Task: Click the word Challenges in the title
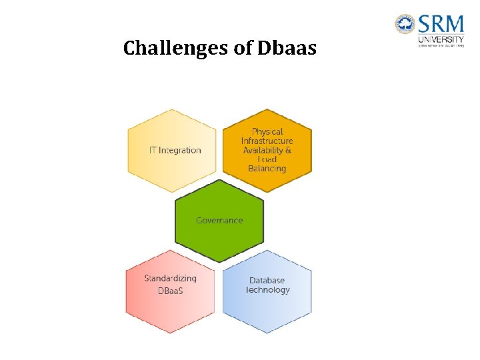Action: (177, 49)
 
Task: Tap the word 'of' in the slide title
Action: (243, 49)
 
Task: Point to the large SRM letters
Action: (441, 25)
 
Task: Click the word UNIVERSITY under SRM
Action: (441, 39)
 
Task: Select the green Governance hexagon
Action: (219, 230)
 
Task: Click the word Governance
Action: (219, 221)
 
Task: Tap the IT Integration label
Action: (175, 150)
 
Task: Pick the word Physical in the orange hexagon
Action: (267, 132)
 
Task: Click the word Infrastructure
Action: (267, 141)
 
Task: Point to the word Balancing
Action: (267, 169)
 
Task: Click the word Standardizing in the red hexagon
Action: (171, 279)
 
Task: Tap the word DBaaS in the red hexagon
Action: (171, 291)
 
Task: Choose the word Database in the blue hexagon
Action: (267, 281)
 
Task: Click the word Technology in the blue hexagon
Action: (267, 290)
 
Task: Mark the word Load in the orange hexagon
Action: (267, 160)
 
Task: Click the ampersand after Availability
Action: (288, 151)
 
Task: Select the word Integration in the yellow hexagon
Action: (180, 150)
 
